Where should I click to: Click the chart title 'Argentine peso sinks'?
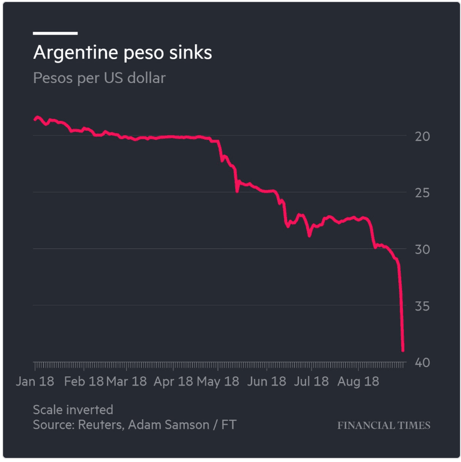click(122, 53)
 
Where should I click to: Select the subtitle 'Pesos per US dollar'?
click(99, 79)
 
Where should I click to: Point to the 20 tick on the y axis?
click(423, 137)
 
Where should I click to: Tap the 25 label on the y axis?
click(423, 193)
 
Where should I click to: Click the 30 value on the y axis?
click(423, 250)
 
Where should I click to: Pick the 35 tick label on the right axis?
click(423, 306)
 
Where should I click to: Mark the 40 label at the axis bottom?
click(423, 363)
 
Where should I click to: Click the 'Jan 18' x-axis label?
click(35, 381)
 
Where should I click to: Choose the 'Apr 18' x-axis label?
click(173, 381)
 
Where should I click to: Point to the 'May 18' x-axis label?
click(218, 381)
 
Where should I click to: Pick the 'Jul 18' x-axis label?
click(311, 381)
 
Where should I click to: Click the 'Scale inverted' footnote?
click(73, 409)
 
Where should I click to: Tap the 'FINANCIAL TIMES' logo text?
click(383, 425)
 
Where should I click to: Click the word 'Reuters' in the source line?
click(99, 425)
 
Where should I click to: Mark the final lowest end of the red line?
click(403, 350)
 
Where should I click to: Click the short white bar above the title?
click(55, 33)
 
